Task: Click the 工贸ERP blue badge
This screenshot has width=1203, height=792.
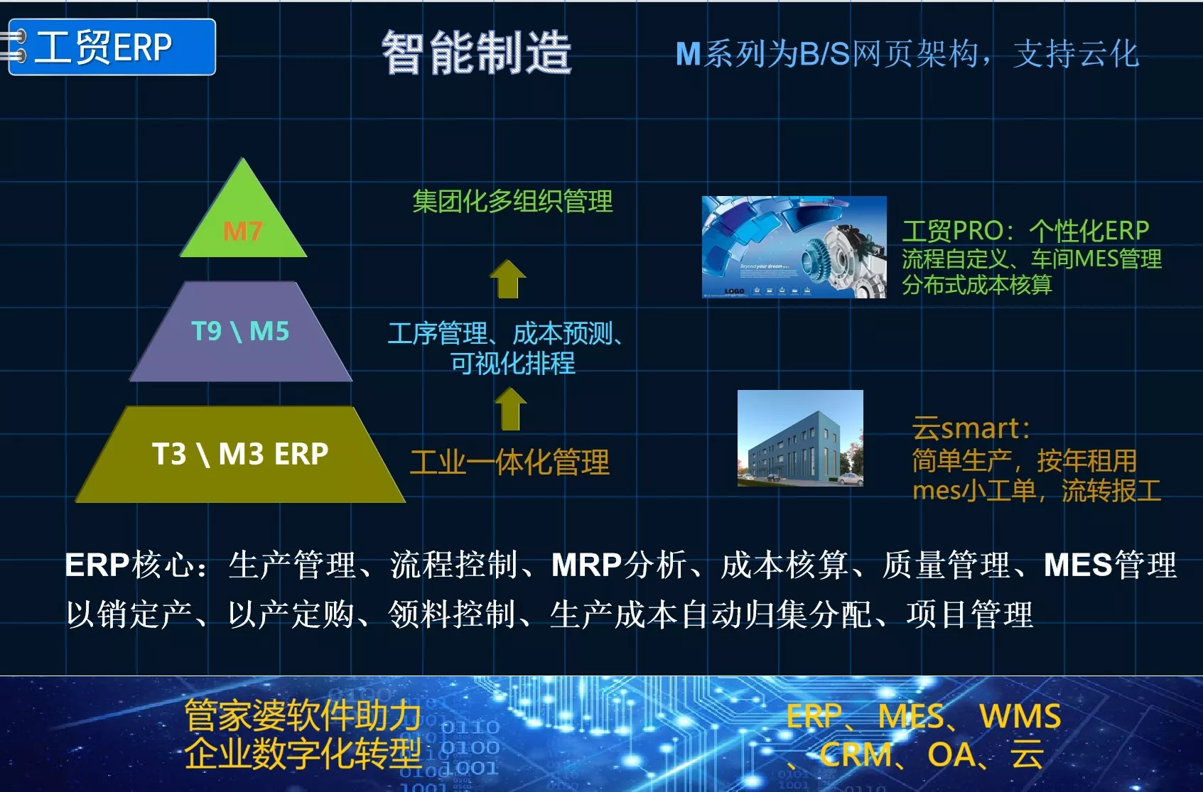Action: click(x=112, y=47)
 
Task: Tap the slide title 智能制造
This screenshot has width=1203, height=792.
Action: click(x=476, y=52)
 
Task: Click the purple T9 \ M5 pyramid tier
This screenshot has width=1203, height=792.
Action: click(x=241, y=331)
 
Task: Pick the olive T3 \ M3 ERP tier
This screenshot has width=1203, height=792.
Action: click(x=240, y=455)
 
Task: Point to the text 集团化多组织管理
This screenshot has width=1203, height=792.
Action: click(x=512, y=201)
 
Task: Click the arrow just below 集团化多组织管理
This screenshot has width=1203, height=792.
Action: click(x=507, y=278)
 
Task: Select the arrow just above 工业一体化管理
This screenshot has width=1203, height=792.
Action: click(x=510, y=409)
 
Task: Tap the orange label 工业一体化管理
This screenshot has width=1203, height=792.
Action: click(x=509, y=462)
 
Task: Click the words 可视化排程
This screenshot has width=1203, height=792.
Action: click(x=513, y=363)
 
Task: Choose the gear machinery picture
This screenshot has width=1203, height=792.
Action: click(x=794, y=247)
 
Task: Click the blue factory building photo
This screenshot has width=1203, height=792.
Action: click(x=800, y=438)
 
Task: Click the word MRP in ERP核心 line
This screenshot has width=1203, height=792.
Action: click(x=586, y=565)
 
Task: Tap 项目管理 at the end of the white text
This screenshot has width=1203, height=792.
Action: click(x=970, y=615)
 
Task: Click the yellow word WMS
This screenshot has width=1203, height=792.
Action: click(x=1020, y=716)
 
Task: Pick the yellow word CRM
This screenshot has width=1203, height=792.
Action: click(x=856, y=754)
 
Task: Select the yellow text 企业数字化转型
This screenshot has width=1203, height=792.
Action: click(x=303, y=754)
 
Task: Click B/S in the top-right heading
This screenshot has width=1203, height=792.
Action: click(x=824, y=54)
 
